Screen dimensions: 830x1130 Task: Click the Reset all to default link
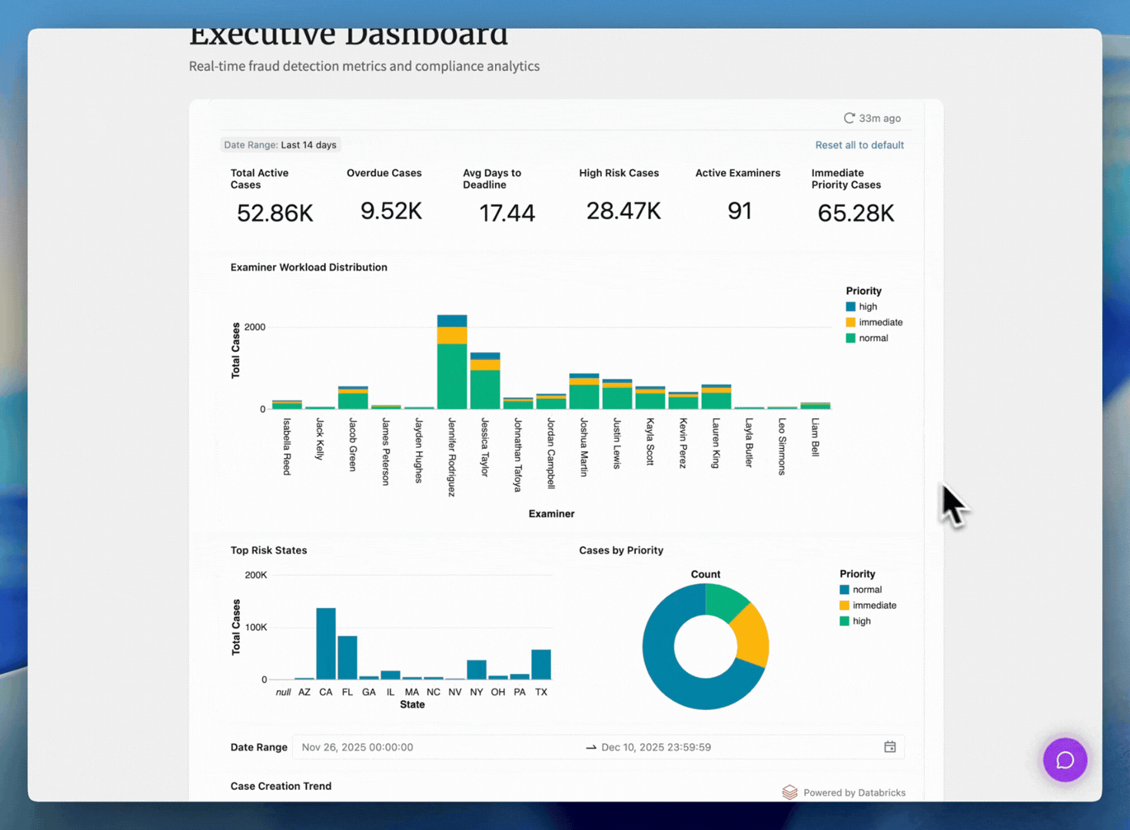pos(859,145)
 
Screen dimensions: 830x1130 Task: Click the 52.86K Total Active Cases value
pos(274,213)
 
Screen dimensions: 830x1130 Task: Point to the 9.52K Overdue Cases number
pos(391,211)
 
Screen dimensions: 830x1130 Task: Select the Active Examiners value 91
pos(739,211)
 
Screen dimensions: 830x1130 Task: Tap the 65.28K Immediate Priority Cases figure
pos(855,213)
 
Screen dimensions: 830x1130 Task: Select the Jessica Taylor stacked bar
pos(485,384)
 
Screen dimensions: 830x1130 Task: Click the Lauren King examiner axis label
pos(716,443)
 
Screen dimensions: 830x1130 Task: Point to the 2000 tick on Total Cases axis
pos(254,327)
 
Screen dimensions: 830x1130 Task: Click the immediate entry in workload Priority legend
pos(879,323)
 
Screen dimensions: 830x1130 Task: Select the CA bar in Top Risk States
pos(326,644)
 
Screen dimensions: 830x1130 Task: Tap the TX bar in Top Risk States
pos(541,665)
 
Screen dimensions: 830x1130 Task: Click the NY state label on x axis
pos(477,692)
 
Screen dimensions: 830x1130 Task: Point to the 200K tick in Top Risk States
pos(255,575)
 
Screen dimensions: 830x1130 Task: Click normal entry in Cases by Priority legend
pos(866,589)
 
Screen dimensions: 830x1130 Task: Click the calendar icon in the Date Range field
pos(889,747)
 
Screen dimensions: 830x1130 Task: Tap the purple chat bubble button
pos(1065,760)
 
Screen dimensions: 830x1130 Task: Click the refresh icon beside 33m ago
pos(849,118)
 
